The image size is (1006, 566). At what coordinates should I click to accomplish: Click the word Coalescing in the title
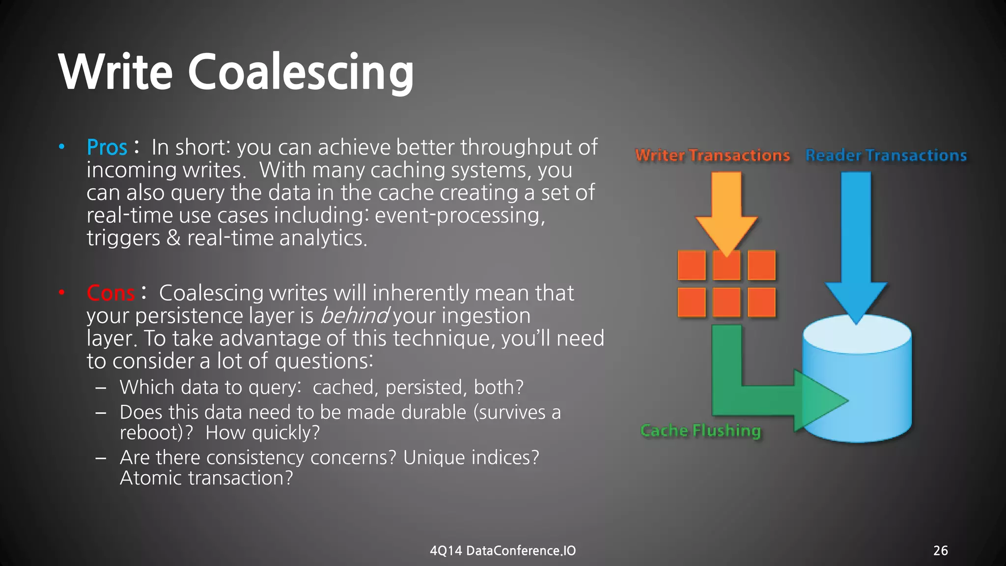point(300,72)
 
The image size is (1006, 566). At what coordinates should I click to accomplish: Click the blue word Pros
point(107,147)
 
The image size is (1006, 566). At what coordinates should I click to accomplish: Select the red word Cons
point(111,293)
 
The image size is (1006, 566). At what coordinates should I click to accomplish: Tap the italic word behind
point(354,315)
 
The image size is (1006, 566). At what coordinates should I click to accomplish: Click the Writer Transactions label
point(712,155)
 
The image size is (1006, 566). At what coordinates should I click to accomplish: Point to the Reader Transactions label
point(886,155)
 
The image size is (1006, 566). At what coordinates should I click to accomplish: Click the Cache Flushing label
point(700,430)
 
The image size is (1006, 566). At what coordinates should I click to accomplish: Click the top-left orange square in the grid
point(692,265)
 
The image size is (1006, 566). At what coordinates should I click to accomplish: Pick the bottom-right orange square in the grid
point(761,302)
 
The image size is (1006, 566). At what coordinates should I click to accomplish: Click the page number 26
point(940,550)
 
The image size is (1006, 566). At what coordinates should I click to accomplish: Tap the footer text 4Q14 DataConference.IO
point(503,550)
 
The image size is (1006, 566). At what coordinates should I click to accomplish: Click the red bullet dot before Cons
point(62,293)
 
